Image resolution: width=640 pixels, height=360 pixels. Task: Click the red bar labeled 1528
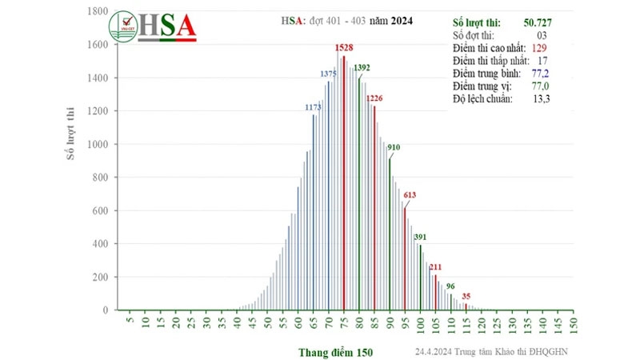[x=344, y=184]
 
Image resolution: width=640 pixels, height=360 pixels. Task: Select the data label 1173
[x=313, y=106]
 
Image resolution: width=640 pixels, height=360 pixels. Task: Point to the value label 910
[x=394, y=148]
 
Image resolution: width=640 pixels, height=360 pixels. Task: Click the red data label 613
[x=410, y=195]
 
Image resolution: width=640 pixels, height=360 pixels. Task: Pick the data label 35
[x=466, y=296]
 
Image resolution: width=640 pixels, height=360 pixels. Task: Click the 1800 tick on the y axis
[x=99, y=12]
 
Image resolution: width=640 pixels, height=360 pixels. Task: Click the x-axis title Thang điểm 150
[x=336, y=352]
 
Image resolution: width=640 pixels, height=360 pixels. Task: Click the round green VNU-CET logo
[x=124, y=27]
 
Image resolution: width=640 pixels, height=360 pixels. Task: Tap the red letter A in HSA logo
[x=184, y=26]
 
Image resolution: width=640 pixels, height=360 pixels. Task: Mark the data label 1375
[x=329, y=74]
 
